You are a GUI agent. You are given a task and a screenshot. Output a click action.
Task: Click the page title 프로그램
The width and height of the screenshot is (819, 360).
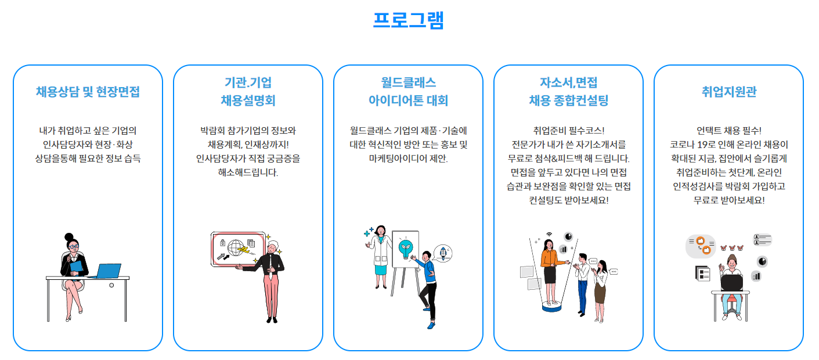[409, 20]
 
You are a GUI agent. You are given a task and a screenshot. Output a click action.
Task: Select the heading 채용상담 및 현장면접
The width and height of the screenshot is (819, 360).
[88, 92]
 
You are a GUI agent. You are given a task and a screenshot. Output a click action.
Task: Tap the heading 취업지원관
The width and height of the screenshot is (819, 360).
[728, 92]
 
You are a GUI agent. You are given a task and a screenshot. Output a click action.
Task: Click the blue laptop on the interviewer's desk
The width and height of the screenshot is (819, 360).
[108, 271]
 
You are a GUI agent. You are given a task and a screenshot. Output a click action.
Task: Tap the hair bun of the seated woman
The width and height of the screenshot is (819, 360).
[69, 237]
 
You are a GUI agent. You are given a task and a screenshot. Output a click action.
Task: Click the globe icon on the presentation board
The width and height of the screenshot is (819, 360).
[236, 249]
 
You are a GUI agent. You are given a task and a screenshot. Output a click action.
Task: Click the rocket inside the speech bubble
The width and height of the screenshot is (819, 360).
[443, 252]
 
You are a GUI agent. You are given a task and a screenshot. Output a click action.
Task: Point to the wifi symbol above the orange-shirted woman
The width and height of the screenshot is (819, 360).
[549, 236]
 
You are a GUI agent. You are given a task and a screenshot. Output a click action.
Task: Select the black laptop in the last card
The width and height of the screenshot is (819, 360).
[731, 283]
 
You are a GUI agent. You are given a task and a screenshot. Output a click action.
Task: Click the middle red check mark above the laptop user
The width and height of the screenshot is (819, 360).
[732, 248]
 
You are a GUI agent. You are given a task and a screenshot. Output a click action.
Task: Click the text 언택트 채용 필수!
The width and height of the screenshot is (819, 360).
[728, 130]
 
